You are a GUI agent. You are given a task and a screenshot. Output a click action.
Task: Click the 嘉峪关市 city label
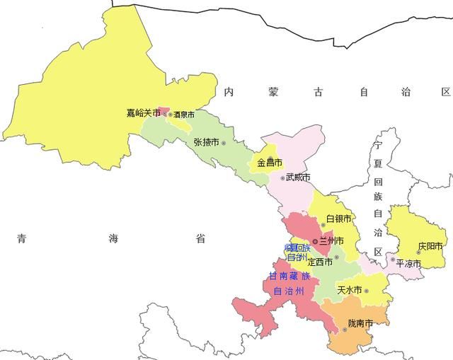coord(143,113)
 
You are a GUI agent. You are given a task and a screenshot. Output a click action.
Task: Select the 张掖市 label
coord(206,142)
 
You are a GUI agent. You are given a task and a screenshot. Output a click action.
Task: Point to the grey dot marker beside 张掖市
coord(224,143)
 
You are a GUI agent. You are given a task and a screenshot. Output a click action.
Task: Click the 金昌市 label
coord(269,163)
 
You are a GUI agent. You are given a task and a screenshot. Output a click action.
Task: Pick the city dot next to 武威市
coord(282,178)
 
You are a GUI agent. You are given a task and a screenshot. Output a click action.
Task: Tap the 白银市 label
coord(338,219)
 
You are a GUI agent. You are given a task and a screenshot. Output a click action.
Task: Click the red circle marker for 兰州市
coord(315,241)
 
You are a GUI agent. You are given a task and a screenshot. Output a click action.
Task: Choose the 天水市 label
coord(349,290)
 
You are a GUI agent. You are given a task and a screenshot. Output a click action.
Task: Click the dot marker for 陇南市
coord(345,330)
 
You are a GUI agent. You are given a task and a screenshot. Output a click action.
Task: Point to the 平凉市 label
coord(408,264)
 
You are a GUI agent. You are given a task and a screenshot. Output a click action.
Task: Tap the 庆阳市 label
coord(430,246)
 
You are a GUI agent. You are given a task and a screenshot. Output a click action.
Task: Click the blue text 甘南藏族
coord(289,275)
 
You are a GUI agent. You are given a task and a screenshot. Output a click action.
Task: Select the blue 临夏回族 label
coord(297,248)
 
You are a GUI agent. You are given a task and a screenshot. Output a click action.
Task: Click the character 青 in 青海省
coord(23,239)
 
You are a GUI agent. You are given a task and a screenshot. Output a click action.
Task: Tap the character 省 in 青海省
coord(201,239)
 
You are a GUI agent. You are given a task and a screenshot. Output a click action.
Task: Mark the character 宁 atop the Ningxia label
coord(379,146)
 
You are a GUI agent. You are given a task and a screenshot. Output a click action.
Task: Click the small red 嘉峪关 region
coord(164,111)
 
